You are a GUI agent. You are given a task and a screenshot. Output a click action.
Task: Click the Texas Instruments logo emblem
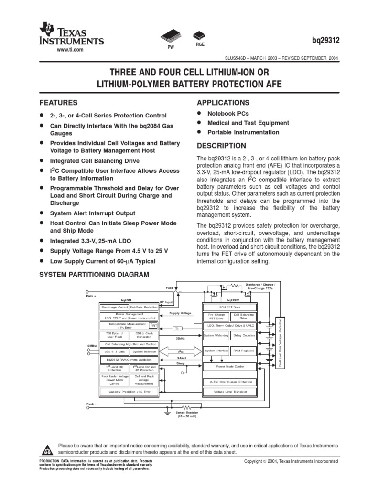[47, 29]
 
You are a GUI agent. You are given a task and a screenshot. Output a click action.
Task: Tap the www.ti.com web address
[70, 50]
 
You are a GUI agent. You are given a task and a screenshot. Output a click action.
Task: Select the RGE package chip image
[199, 35]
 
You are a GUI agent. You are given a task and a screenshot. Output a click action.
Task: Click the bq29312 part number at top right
[326, 41]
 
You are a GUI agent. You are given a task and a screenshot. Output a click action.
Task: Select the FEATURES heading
[58, 103]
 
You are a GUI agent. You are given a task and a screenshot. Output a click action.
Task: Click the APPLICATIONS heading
[223, 103]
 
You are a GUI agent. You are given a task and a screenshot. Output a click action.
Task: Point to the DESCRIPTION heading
[221, 146]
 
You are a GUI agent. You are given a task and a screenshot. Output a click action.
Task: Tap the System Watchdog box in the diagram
[216, 336]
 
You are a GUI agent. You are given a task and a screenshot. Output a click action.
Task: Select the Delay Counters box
[244, 336]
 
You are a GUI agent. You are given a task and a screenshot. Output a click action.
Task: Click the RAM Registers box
[244, 351]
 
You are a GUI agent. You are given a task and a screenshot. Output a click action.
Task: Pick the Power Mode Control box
[230, 367]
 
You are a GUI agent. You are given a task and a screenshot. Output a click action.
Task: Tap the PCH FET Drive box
[230, 307]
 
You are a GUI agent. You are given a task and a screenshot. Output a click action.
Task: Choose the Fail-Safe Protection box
[143, 307]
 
